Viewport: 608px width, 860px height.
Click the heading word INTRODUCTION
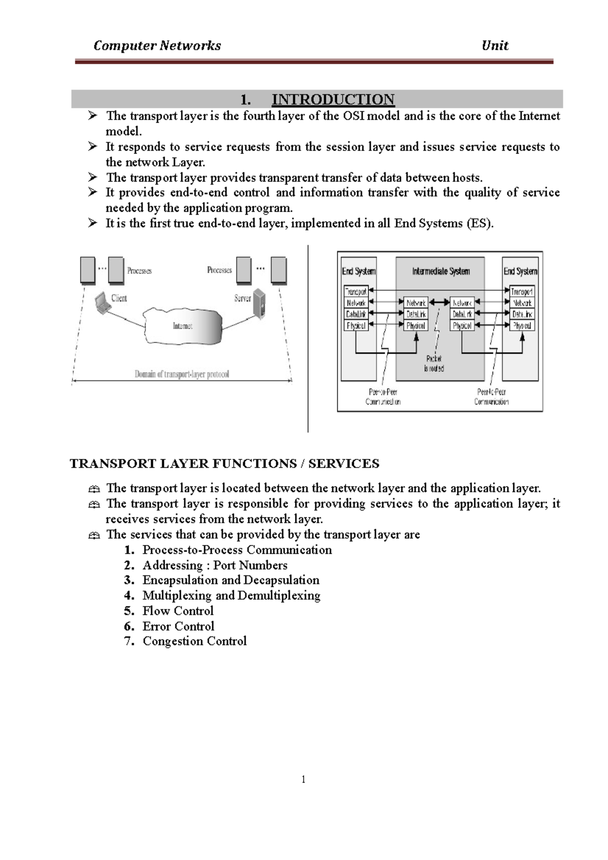pyautogui.click(x=333, y=99)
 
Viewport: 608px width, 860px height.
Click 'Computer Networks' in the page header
pyautogui.click(x=157, y=46)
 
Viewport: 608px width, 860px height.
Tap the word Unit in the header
pyautogui.click(x=495, y=46)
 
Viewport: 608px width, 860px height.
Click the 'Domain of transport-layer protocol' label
pyautogui.click(x=182, y=374)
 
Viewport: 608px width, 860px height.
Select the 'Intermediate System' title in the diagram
pyautogui.click(x=441, y=271)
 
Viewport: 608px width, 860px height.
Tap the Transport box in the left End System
pyautogui.click(x=356, y=291)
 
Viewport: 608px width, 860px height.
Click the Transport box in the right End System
pyautogui.click(x=521, y=291)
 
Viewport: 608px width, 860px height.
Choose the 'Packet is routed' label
pyautogui.click(x=434, y=364)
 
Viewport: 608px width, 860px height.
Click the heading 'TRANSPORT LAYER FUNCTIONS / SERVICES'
pyautogui.click(x=224, y=463)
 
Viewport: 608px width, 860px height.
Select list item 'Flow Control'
pyautogui.click(x=178, y=611)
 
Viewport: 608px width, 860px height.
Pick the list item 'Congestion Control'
pyautogui.click(x=195, y=641)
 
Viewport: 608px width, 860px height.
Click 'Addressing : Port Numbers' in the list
pyautogui.click(x=215, y=565)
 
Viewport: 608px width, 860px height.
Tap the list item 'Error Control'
pyautogui.click(x=178, y=626)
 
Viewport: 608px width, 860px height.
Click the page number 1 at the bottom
pyautogui.click(x=303, y=779)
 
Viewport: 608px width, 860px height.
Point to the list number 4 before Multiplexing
pyautogui.click(x=129, y=596)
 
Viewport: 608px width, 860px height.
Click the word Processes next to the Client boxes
pyautogui.click(x=139, y=270)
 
